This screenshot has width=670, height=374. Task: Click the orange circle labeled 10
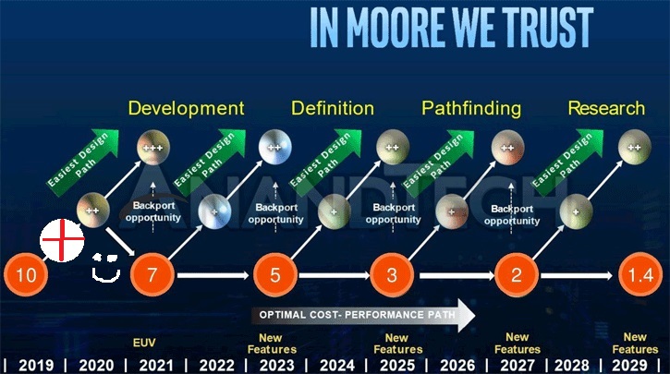tap(26, 274)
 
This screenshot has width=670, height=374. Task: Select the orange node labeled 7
tap(152, 274)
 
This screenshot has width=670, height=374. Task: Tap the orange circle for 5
tap(275, 274)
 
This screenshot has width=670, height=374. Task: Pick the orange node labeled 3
tap(392, 274)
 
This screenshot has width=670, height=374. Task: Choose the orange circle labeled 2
tap(517, 274)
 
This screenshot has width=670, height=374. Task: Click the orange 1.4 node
tap(640, 274)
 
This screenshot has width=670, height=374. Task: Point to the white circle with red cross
tap(62, 240)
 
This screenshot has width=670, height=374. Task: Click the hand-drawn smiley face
tap(106, 268)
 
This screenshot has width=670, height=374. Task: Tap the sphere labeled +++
tap(153, 148)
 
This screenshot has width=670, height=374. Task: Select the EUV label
tap(144, 343)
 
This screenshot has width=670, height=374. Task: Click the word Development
tap(187, 108)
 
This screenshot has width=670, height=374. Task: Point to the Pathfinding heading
tap(471, 108)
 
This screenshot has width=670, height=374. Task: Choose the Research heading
tap(606, 108)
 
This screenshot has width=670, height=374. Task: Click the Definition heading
tap(333, 108)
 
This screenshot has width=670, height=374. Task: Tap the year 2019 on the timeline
tap(36, 366)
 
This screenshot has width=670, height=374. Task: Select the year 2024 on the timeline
tap(337, 366)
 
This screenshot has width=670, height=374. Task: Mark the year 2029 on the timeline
tap(629, 366)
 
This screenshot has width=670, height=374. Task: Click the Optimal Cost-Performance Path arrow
tap(363, 315)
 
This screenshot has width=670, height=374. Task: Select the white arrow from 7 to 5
tap(213, 275)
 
